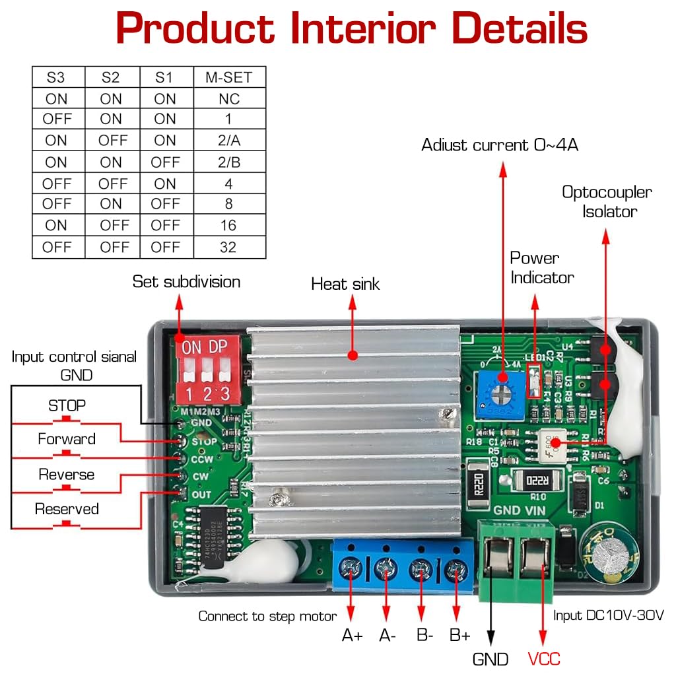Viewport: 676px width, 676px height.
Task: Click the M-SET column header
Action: tap(228, 77)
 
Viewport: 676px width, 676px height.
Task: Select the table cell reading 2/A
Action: tap(228, 141)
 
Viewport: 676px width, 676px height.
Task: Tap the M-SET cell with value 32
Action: tap(228, 248)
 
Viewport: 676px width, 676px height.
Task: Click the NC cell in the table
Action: tap(228, 99)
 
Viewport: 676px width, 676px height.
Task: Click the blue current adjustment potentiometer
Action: tap(501, 395)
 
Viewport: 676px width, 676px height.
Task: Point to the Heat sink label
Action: tap(345, 285)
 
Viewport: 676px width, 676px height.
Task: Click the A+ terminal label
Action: tap(352, 636)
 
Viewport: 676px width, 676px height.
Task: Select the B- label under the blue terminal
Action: tap(424, 636)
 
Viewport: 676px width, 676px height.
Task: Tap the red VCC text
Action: tap(544, 658)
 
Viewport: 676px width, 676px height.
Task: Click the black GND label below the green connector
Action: tap(490, 658)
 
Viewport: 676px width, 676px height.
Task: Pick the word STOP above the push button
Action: tap(67, 405)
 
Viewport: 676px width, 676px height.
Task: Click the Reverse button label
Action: tap(67, 475)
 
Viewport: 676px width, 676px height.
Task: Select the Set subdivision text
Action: tap(186, 282)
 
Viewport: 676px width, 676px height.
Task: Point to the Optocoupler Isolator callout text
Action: tap(607, 202)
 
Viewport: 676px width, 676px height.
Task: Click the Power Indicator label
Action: tap(541, 268)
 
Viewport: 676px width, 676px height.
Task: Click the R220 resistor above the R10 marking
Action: tap(537, 478)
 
